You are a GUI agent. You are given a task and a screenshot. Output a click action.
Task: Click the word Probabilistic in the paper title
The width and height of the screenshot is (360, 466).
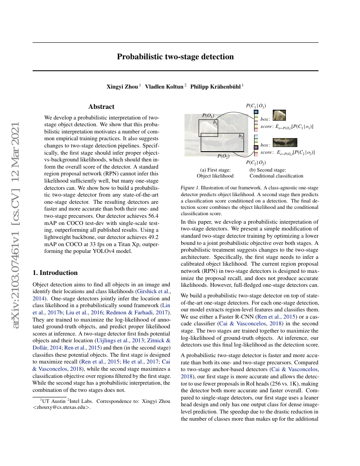point(140,57)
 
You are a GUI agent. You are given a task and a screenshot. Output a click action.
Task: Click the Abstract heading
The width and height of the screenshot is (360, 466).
point(101,107)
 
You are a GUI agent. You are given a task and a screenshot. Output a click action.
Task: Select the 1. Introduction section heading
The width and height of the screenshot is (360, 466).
point(55,273)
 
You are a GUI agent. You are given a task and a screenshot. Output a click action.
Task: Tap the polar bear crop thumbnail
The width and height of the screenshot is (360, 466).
point(279,115)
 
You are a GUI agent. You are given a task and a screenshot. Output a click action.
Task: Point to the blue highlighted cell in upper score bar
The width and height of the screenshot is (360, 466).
point(256,112)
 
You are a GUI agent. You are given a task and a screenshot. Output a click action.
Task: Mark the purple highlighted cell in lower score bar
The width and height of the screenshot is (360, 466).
point(256,147)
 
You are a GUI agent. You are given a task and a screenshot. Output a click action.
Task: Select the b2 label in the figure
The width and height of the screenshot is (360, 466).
point(241,136)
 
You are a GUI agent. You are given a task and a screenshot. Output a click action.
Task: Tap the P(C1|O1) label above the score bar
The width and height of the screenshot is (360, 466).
point(256,105)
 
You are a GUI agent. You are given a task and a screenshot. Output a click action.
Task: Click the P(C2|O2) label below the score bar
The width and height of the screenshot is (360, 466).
point(256,162)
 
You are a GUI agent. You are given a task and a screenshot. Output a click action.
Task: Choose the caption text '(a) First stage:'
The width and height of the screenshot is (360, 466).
point(215,169)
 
